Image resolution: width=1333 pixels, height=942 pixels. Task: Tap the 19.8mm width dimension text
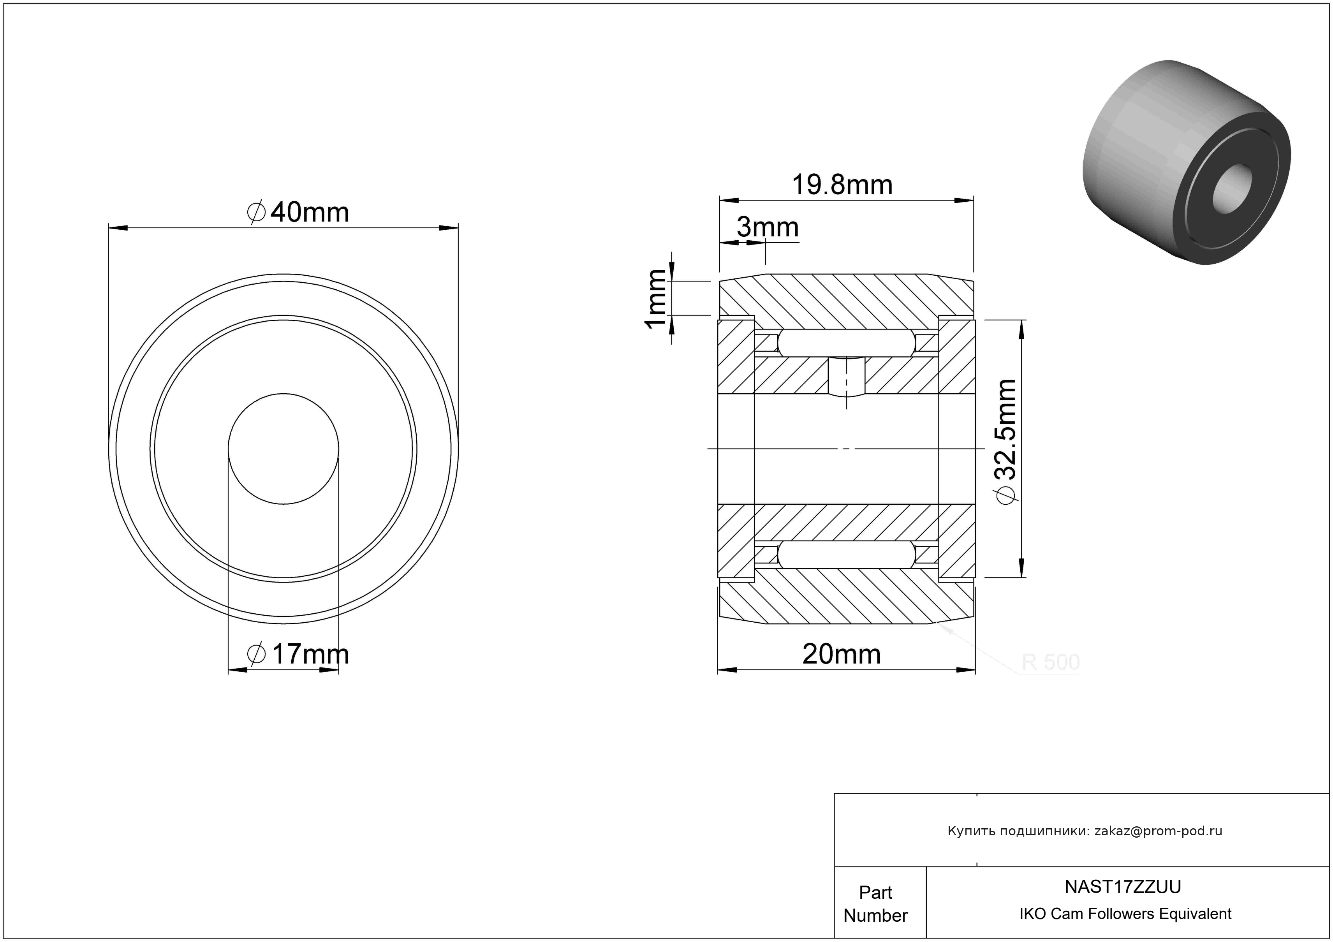(x=842, y=185)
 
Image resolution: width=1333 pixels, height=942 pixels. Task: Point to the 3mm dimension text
(x=768, y=227)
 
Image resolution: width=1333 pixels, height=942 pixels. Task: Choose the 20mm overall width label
(x=841, y=655)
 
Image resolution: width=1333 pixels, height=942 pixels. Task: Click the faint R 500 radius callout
(x=1050, y=662)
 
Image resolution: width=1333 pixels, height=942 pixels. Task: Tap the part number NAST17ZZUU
(x=1122, y=887)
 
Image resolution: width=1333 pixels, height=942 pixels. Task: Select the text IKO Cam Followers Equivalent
(x=1125, y=914)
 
